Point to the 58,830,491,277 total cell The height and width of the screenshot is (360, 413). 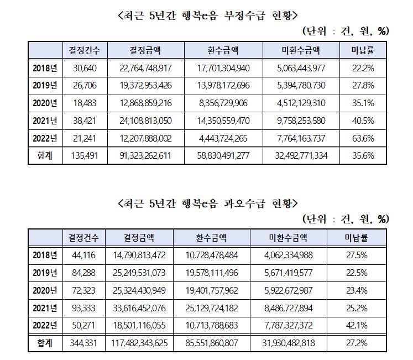[x=223, y=155]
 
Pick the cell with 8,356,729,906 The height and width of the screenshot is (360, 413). [x=223, y=103]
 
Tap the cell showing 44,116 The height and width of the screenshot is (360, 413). [x=83, y=255]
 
